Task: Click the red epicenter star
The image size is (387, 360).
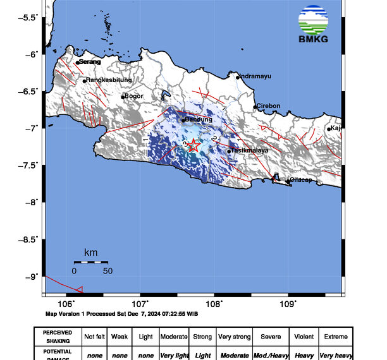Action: [x=193, y=146]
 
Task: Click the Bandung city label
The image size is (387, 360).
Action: [x=197, y=119]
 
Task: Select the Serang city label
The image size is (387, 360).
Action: [x=90, y=61]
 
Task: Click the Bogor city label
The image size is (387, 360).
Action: [x=135, y=96]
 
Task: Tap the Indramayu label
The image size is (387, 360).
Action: [x=255, y=76]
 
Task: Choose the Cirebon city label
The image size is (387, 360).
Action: [x=268, y=105]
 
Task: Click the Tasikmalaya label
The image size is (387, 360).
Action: [x=250, y=150]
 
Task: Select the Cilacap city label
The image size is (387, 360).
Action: [x=302, y=180]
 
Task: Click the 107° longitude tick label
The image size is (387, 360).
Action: [x=140, y=304]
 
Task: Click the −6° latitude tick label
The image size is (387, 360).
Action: [x=32, y=54]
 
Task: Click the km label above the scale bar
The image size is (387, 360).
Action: [x=90, y=253]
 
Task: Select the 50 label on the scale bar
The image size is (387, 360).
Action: [x=107, y=271]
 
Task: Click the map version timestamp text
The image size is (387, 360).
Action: [x=122, y=313]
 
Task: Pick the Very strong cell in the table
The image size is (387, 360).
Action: [x=235, y=337]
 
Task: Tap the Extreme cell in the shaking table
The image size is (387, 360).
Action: [x=335, y=337]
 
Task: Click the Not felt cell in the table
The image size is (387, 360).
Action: [x=94, y=337]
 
